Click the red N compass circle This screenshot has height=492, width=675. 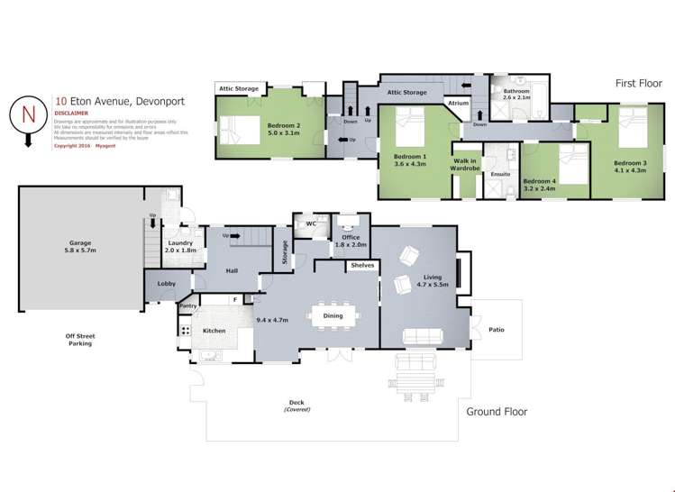27,113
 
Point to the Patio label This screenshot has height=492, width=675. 497,329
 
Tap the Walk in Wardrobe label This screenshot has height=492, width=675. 467,164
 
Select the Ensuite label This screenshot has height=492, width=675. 501,174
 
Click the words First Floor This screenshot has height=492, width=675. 639,83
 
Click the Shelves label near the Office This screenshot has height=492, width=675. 363,265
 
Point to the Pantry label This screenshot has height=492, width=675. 187,306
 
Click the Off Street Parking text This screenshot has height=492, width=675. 80,340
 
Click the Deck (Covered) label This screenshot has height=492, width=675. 296,405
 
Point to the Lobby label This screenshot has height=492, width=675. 167,284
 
